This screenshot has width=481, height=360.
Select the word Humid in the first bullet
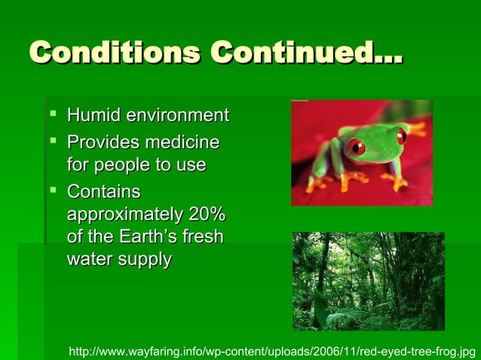(x=93, y=117)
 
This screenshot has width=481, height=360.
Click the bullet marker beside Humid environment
(x=53, y=116)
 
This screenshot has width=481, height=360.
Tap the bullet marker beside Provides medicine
(x=53, y=141)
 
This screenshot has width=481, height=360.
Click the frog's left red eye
(x=357, y=147)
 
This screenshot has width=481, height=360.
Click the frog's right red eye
(x=402, y=136)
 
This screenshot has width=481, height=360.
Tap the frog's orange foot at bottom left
(x=321, y=183)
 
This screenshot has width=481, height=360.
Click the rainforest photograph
(x=368, y=281)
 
